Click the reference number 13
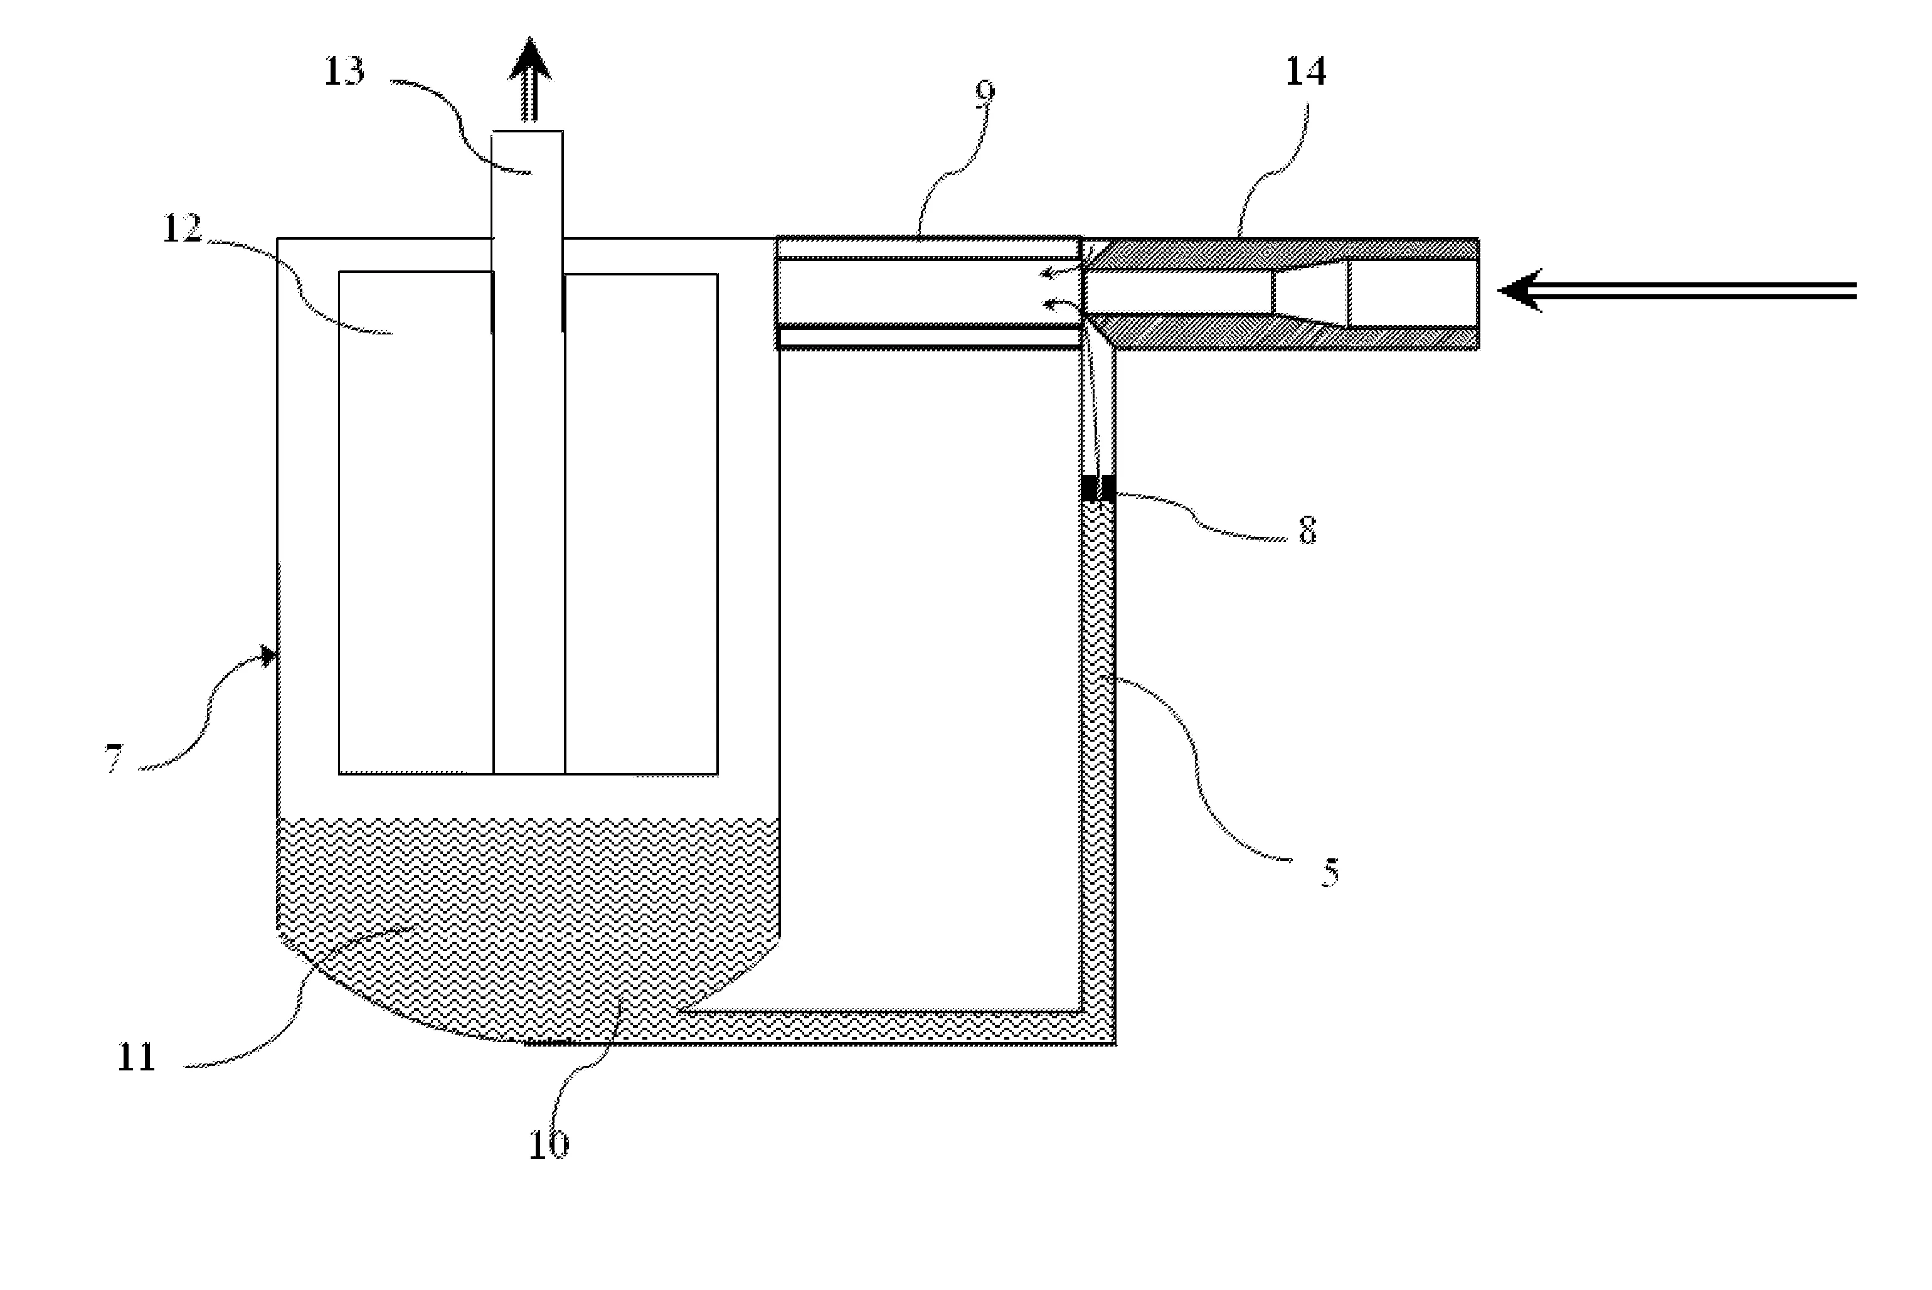(x=344, y=72)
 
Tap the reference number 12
(x=182, y=229)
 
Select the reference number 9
(x=985, y=93)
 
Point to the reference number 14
(x=1305, y=72)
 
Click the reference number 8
(x=1307, y=531)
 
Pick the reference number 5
(x=1330, y=872)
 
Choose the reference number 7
(x=114, y=758)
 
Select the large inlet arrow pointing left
(x=1678, y=291)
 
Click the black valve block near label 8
(x=1098, y=488)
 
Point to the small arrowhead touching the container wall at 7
(x=269, y=656)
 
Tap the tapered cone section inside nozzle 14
(x=1311, y=291)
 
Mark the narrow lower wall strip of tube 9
(x=928, y=338)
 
